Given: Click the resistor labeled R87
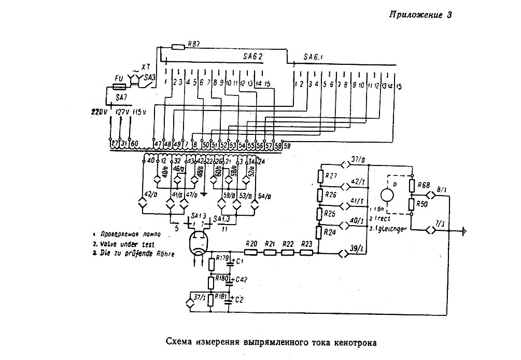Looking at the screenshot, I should pyautogui.click(x=177, y=47).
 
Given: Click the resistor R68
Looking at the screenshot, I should pyautogui.click(x=413, y=185).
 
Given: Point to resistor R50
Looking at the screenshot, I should pyautogui.click(x=413, y=204).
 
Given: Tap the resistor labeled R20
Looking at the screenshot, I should pyautogui.click(x=251, y=253).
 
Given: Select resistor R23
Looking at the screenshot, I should pyautogui.click(x=306, y=253).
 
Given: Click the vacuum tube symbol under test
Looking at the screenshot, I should pyautogui.click(x=198, y=242).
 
